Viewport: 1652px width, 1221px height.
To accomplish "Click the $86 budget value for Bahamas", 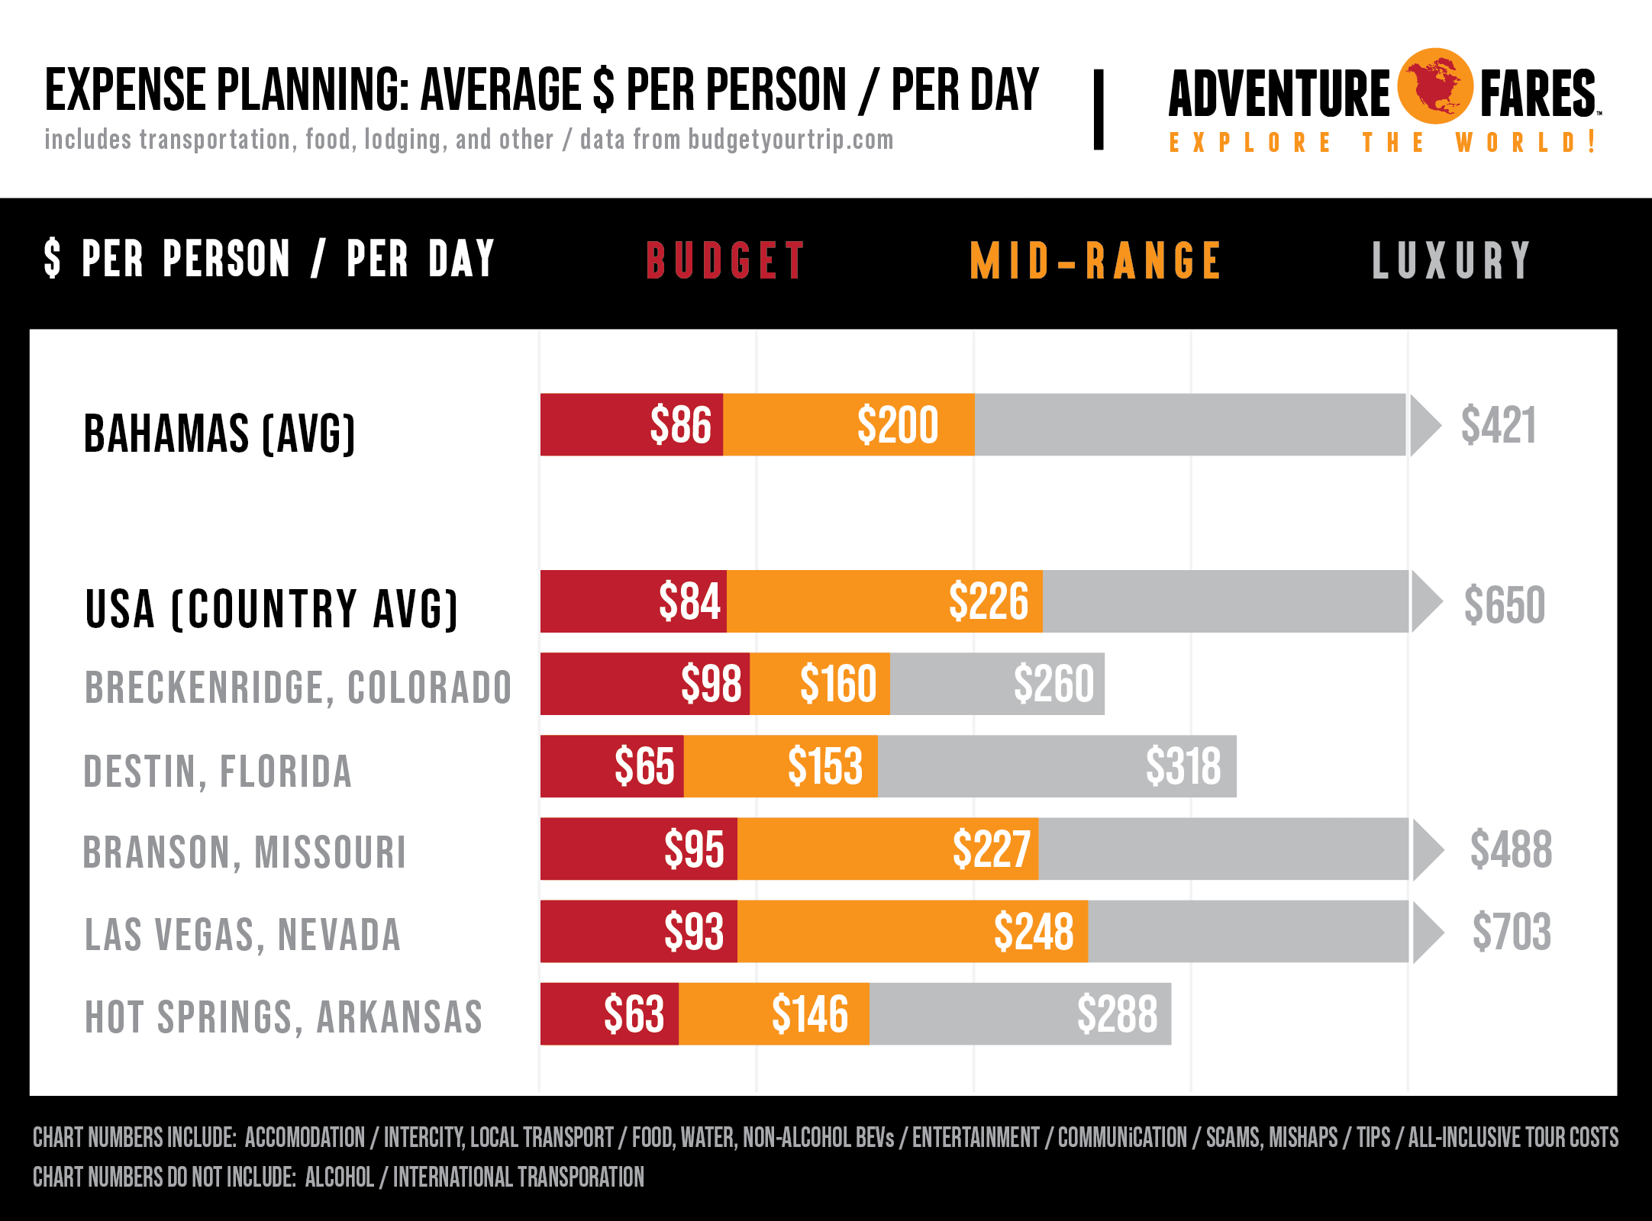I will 680,425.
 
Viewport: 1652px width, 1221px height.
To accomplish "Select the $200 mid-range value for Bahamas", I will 897,425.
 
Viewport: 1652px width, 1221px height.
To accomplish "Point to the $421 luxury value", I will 1499,425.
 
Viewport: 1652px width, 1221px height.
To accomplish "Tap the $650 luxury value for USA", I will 1504,605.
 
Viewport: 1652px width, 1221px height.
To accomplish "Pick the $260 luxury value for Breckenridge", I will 1053,684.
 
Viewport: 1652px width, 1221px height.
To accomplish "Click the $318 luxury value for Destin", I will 1183,766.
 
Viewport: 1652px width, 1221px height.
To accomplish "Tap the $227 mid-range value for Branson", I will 991,849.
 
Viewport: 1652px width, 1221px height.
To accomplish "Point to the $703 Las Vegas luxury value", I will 1512,932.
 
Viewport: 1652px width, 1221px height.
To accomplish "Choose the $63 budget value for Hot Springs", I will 634,1014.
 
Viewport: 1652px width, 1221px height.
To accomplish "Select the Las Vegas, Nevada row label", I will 243,935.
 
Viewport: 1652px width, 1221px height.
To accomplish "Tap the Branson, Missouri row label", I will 244,852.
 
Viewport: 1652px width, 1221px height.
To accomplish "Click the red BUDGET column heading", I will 725,261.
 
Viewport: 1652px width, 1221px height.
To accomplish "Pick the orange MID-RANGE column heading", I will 1095,261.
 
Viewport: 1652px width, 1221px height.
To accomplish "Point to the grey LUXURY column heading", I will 1451,261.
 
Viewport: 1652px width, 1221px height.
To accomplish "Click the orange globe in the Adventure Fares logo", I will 1435,86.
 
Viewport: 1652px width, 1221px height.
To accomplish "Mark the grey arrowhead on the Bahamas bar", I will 1424,425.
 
